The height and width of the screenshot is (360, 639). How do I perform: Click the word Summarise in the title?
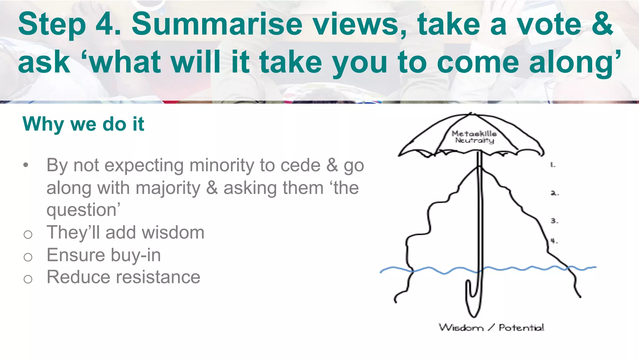click(x=217, y=24)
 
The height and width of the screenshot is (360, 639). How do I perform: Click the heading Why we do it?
click(x=83, y=124)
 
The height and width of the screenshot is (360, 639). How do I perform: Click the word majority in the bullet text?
click(x=168, y=188)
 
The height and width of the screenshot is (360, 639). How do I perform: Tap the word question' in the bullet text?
click(x=83, y=210)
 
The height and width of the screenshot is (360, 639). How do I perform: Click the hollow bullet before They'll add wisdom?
click(x=28, y=234)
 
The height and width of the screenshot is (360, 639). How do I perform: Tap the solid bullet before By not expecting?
click(x=26, y=165)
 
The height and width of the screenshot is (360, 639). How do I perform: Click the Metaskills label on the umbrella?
click(x=474, y=134)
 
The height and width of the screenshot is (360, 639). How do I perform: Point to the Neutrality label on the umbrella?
click(x=474, y=141)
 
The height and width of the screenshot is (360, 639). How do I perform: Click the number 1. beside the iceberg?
click(x=553, y=165)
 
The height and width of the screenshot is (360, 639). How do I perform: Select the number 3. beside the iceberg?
click(x=554, y=221)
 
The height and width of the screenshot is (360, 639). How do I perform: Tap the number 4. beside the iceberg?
click(x=554, y=241)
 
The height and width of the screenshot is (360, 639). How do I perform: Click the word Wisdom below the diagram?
click(x=461, y=328)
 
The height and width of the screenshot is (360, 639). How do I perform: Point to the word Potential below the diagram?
click(x=521, y=328)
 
